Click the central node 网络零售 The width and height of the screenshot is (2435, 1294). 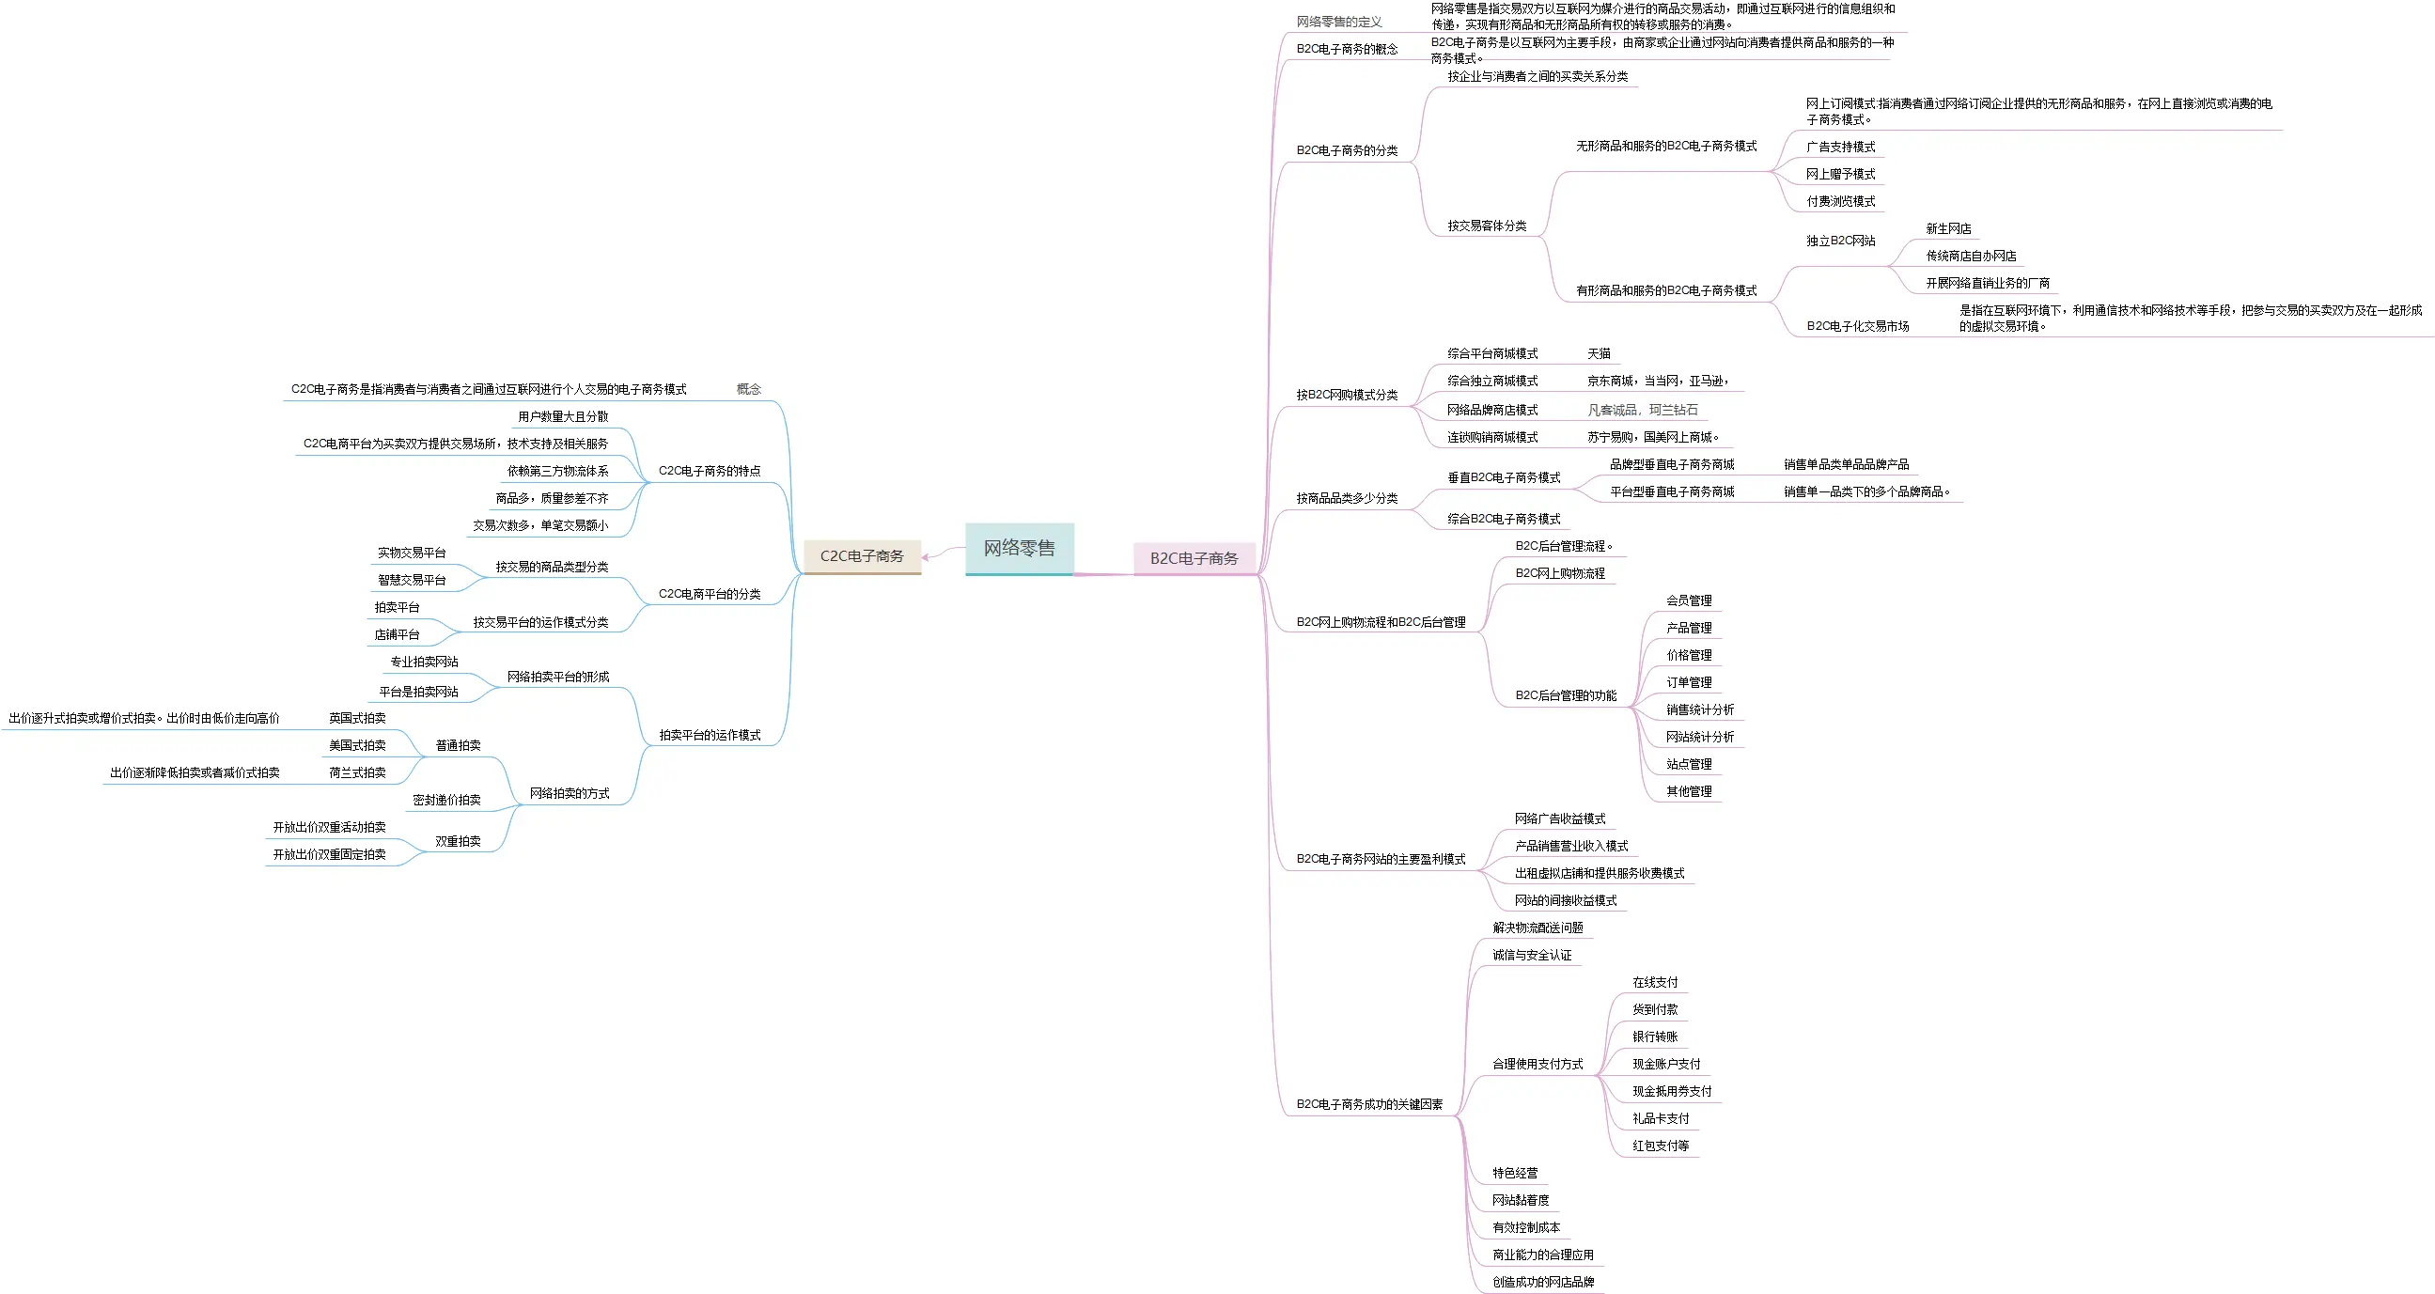[x=1019, y=548]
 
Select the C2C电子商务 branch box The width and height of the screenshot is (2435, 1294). [x=861, y=555]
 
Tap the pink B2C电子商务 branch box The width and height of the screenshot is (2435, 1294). [x=1194, y=557]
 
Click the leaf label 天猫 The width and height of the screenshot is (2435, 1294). [x=1599, y=353]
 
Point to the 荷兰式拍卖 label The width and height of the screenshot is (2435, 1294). [x=357, y=772]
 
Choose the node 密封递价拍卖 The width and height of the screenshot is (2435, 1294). [x=446, y=800]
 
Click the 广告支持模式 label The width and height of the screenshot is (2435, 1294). [x=1840, y=147]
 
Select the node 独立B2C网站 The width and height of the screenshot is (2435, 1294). [x=1840, y=241]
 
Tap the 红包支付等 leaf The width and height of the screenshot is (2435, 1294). [x=1660, y=1146]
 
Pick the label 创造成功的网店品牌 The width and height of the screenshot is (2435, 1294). [x=1543, y=1282]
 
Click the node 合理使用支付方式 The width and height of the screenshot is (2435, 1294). [x=1537, y=1065]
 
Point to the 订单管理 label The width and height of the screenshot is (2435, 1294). [x=1688, y=682]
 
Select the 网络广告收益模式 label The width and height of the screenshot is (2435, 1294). [x=1560, y=818]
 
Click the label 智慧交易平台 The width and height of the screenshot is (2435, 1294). [x=412, y=581]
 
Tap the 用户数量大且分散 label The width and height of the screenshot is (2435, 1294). [x=562, y=417]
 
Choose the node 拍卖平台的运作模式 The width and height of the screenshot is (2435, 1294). [x=709, y=736]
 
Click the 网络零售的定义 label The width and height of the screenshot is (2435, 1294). [x=1338, y=22]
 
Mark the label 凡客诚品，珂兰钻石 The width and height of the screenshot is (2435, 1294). [x=1642, y=411]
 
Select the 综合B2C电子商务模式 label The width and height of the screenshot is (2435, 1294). [x=1503, y=519]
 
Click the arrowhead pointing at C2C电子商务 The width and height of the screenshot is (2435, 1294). [x=928, y=556]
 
